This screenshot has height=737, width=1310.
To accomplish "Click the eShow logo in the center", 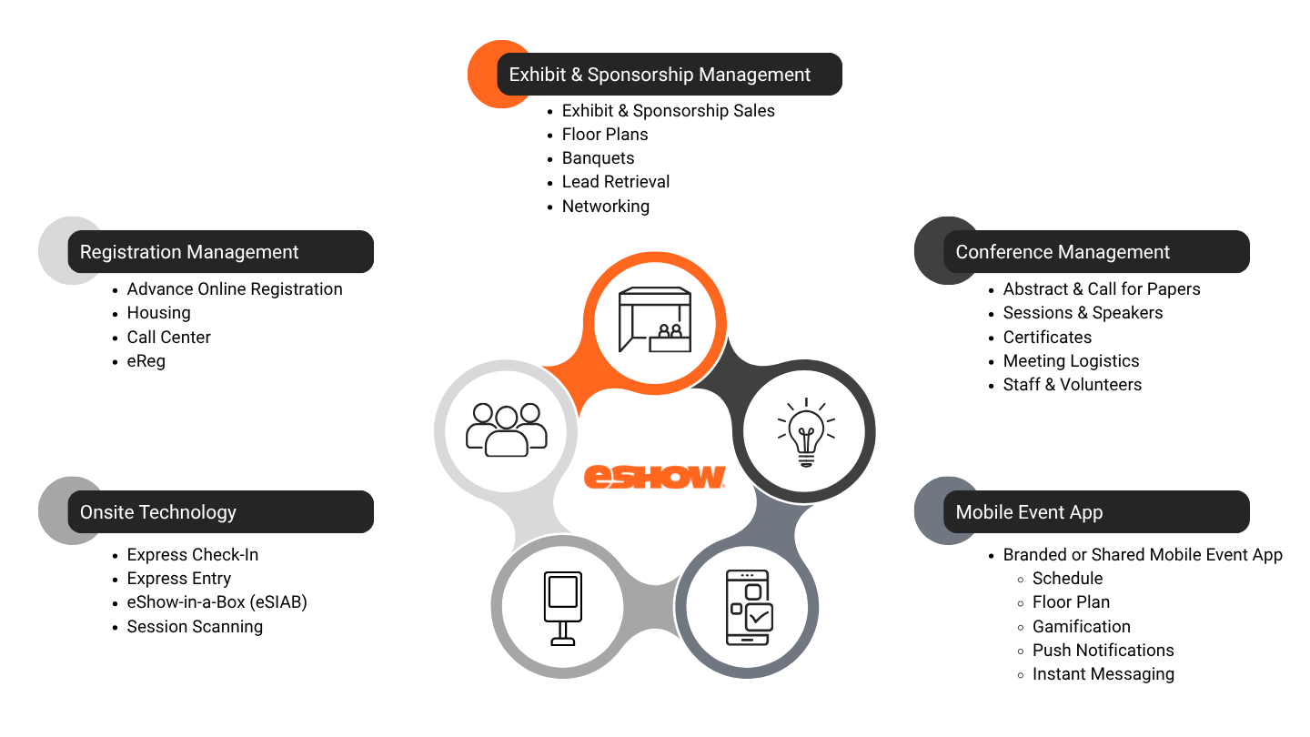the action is (654, 476).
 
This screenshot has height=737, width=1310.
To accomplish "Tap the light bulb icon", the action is (806, 432).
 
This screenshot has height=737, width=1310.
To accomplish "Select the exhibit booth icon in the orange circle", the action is (654, 319).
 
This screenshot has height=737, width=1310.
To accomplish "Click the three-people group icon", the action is (506, 429).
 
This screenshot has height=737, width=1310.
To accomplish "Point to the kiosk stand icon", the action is (562, 609).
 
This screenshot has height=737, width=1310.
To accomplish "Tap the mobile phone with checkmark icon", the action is (750, 608).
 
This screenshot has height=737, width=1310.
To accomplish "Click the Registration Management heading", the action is (189, 252).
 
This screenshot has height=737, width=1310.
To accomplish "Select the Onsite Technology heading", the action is (158, 512).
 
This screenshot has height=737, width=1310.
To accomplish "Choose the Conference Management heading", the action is (1063, 252).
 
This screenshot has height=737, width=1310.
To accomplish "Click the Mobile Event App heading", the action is (1029, 512).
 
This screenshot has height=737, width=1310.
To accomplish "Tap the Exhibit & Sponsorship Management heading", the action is (660, 75).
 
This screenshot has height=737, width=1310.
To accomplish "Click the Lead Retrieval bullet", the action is (615, 182).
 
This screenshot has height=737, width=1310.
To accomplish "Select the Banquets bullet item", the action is (598, 158).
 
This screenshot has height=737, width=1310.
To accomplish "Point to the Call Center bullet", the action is (168, 337).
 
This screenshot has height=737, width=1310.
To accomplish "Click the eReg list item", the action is (146, 361).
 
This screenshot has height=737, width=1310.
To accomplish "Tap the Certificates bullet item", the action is (1047, 337).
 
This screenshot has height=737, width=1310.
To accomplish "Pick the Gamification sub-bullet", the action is (1082, 626).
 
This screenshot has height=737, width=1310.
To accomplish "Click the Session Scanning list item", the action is (195, 626).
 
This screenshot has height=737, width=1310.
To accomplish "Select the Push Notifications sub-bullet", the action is (1103, 651).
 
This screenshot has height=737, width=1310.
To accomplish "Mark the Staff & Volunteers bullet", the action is (1072, 385).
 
